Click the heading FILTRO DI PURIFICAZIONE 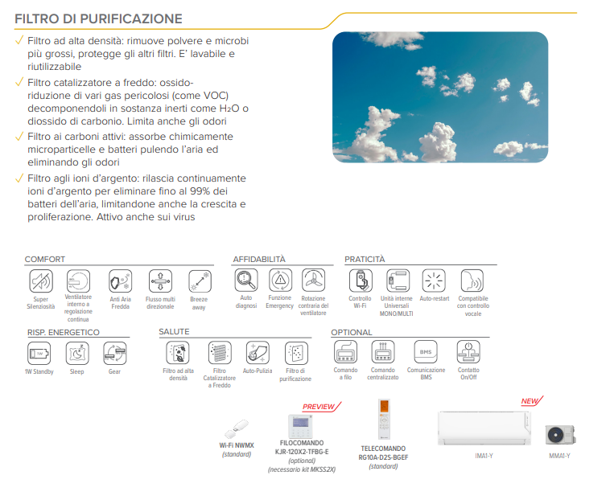pos(98,18)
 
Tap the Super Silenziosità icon pos(40,281)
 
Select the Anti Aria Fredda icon pos(120,281)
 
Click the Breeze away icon pos(199,281)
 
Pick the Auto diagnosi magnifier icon pos(246,280)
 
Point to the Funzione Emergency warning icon pos(280,280)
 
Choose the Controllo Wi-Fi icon pos(360,281)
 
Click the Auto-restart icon pos(434,281)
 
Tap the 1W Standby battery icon pos(39,353)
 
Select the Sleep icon pos(76,353)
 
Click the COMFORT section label pos(45,260)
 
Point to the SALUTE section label pos(174,332)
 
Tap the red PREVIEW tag pos(318,407)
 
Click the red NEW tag pos(529,401)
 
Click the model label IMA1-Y pos(484,456)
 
